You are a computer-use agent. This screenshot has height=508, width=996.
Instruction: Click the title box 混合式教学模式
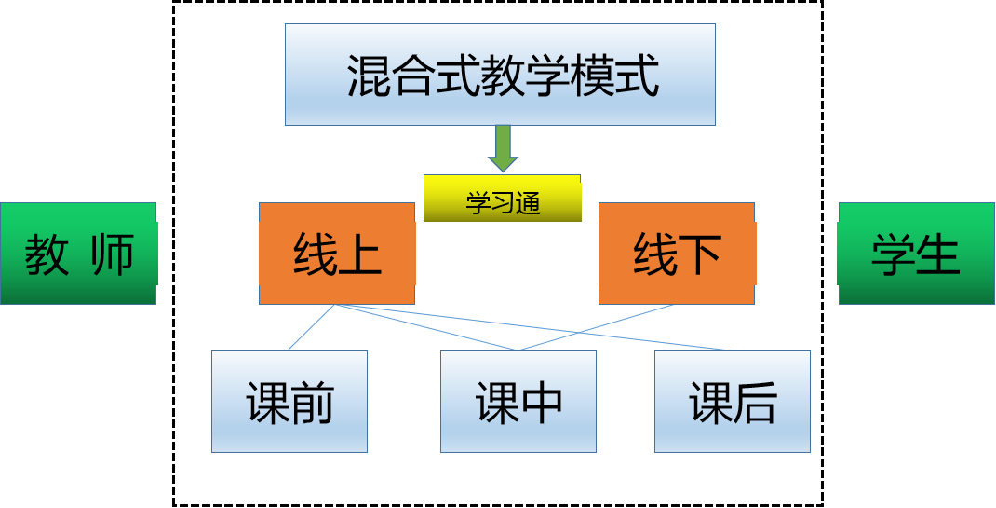(x=500, y=75)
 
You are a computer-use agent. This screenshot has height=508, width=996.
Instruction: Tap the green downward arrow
(x=503, y=148)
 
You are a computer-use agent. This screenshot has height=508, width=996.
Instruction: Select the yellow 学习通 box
(x=503, y=199)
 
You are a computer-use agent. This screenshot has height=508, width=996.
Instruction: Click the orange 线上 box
(x=337, y=254)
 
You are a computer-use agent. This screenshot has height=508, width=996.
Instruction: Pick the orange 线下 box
(x=677, y=254)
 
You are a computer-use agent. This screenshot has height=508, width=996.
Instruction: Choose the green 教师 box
(x=78, y=254)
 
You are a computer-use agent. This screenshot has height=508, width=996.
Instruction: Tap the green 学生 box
(x=916, y=254)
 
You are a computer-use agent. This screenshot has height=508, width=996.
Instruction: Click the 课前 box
(x=289, y=402)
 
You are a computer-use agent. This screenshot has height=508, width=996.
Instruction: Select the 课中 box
(x=518, y=402)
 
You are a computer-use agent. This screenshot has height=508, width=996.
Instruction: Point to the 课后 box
(x=733, y=402)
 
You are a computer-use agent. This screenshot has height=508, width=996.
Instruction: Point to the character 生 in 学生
(x=938, y=254)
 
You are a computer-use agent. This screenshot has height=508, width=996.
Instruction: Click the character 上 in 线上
(x=360, y=254)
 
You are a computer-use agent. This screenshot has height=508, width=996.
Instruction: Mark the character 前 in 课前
(x=312, y=403)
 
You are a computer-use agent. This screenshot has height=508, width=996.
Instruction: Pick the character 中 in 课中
(x=541, y=403)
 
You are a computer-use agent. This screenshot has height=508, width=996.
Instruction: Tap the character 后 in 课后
(x=755, y=403)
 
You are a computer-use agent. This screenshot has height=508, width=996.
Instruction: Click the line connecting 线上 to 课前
(x=310, y=328)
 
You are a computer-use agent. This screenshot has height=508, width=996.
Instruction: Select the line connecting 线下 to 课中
(x=596, y=328)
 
